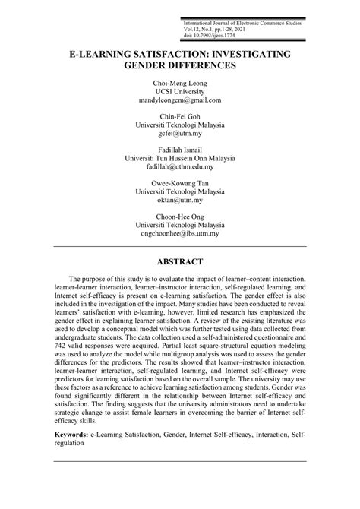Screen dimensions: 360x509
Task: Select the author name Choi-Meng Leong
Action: coord(180,82)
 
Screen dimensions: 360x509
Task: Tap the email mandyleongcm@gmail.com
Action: coord(180,100)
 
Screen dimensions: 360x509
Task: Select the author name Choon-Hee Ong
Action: coord(180,217)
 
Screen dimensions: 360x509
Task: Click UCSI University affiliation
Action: coord(180,91)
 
